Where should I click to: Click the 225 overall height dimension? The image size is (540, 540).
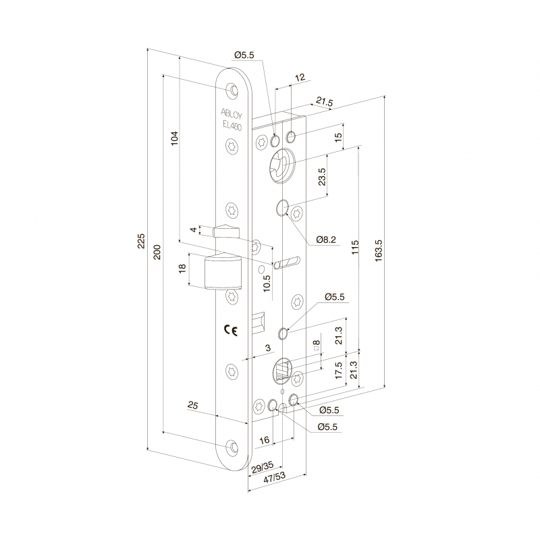pos(141,240)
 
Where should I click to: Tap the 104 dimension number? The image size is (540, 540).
pos(175,138)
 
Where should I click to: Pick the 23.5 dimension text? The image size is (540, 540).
pos(322,177)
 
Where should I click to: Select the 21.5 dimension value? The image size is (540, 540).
pos(325,103)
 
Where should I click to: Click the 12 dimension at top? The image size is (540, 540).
pos(300,78)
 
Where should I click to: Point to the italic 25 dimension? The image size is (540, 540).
pos(193,406)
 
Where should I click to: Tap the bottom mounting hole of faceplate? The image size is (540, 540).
pos(233,446)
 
